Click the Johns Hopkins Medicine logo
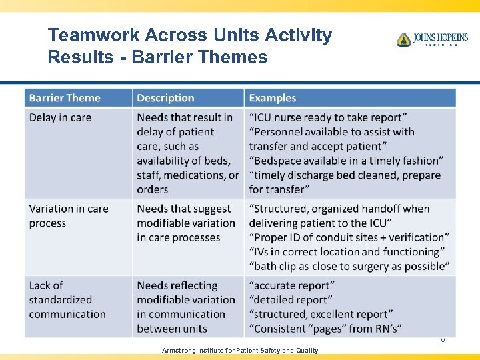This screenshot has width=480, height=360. [x=432, y=39]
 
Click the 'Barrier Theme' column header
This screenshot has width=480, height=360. [x=65, y=98]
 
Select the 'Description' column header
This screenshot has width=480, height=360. [x=165, y=98]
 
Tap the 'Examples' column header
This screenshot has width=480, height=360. [x=272, y=98]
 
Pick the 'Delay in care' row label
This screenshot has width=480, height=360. [x=60, y=117]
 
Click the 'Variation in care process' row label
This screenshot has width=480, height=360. [x=68, y=215]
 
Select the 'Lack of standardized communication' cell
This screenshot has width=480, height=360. [x=67, y=299]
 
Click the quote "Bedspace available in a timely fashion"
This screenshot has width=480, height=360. [x=346, y=161]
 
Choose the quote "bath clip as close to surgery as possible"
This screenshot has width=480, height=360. [x=349, y=266]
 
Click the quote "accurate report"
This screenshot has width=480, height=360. [x=291, y=285]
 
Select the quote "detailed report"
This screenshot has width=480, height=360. [x=291, y=299]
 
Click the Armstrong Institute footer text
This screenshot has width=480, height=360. [x=239, y=350]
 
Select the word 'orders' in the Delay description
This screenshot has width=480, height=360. [x=153, y=189]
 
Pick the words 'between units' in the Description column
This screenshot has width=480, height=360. [x=172, y=328]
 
